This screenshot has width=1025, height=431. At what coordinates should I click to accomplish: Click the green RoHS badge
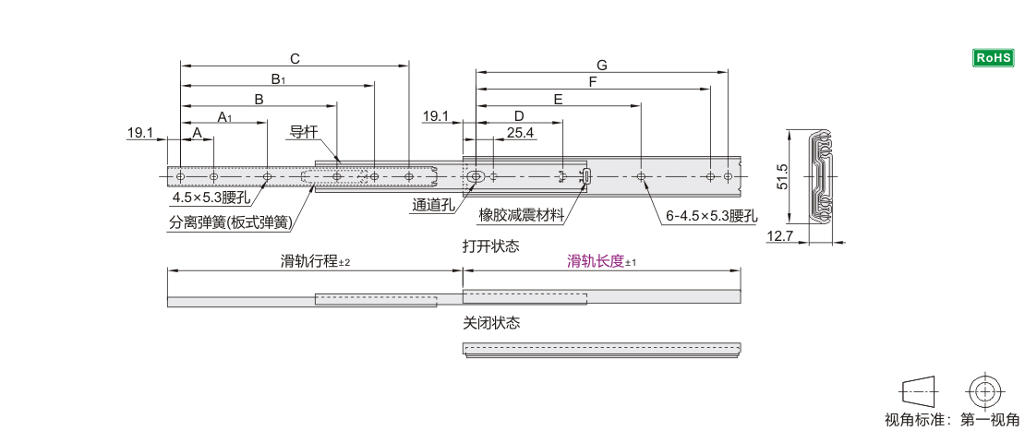coord(994,58)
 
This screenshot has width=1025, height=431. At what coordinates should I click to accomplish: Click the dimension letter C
coord(295,58)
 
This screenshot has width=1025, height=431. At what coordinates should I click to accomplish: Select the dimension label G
coord(601,65)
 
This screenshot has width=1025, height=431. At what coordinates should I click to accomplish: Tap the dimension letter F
coord(593,82)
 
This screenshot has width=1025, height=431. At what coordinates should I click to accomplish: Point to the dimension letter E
coord(558,99)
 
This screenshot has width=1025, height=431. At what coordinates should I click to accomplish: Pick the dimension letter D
coord(519,115)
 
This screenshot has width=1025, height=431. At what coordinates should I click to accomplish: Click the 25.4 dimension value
coord(521,133)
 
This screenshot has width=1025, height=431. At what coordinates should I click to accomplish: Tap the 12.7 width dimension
coord(780,237)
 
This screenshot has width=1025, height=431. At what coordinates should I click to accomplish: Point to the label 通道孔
coord(433,206)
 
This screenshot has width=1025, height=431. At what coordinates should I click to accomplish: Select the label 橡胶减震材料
coord(521,216)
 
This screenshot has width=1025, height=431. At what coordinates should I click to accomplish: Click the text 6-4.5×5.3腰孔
coord(711,216)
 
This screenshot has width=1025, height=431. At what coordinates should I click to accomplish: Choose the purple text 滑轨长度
coord(596,261)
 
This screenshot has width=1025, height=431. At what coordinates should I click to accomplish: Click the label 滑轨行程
coord(309,261)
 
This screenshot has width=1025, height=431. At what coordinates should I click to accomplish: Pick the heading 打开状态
coord(491,246)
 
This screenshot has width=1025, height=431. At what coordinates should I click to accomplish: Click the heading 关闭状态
coord(491,323)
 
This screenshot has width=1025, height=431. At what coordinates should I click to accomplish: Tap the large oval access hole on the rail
coord(476,176)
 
